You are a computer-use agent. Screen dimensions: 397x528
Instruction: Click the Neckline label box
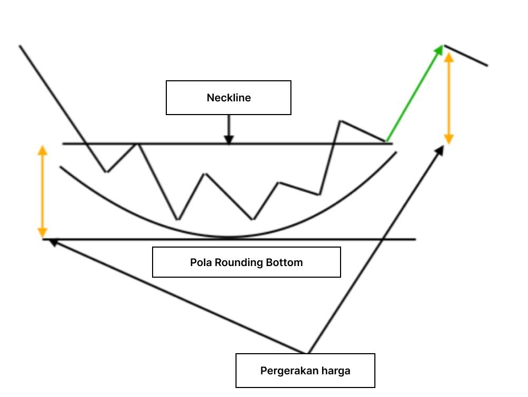coord(229,98)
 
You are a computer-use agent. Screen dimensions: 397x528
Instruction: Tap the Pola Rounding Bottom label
coord(247,262)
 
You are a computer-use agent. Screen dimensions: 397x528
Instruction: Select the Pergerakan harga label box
coord(305,371)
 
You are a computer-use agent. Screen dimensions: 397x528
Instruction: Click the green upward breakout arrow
coord(414,93)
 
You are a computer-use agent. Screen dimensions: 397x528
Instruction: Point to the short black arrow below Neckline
coord(229,129)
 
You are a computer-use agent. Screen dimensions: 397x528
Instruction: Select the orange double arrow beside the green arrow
coord(449,98)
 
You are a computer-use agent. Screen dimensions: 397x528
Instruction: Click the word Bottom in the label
coord(285,262)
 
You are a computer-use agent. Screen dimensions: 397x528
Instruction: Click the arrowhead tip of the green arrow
coord(441,46)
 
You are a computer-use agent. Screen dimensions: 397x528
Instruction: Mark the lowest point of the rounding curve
coord(228,237)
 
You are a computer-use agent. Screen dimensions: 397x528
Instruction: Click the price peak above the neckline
coord(341,121)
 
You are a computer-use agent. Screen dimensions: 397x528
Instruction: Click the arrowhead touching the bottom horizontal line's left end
coord(51,241)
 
